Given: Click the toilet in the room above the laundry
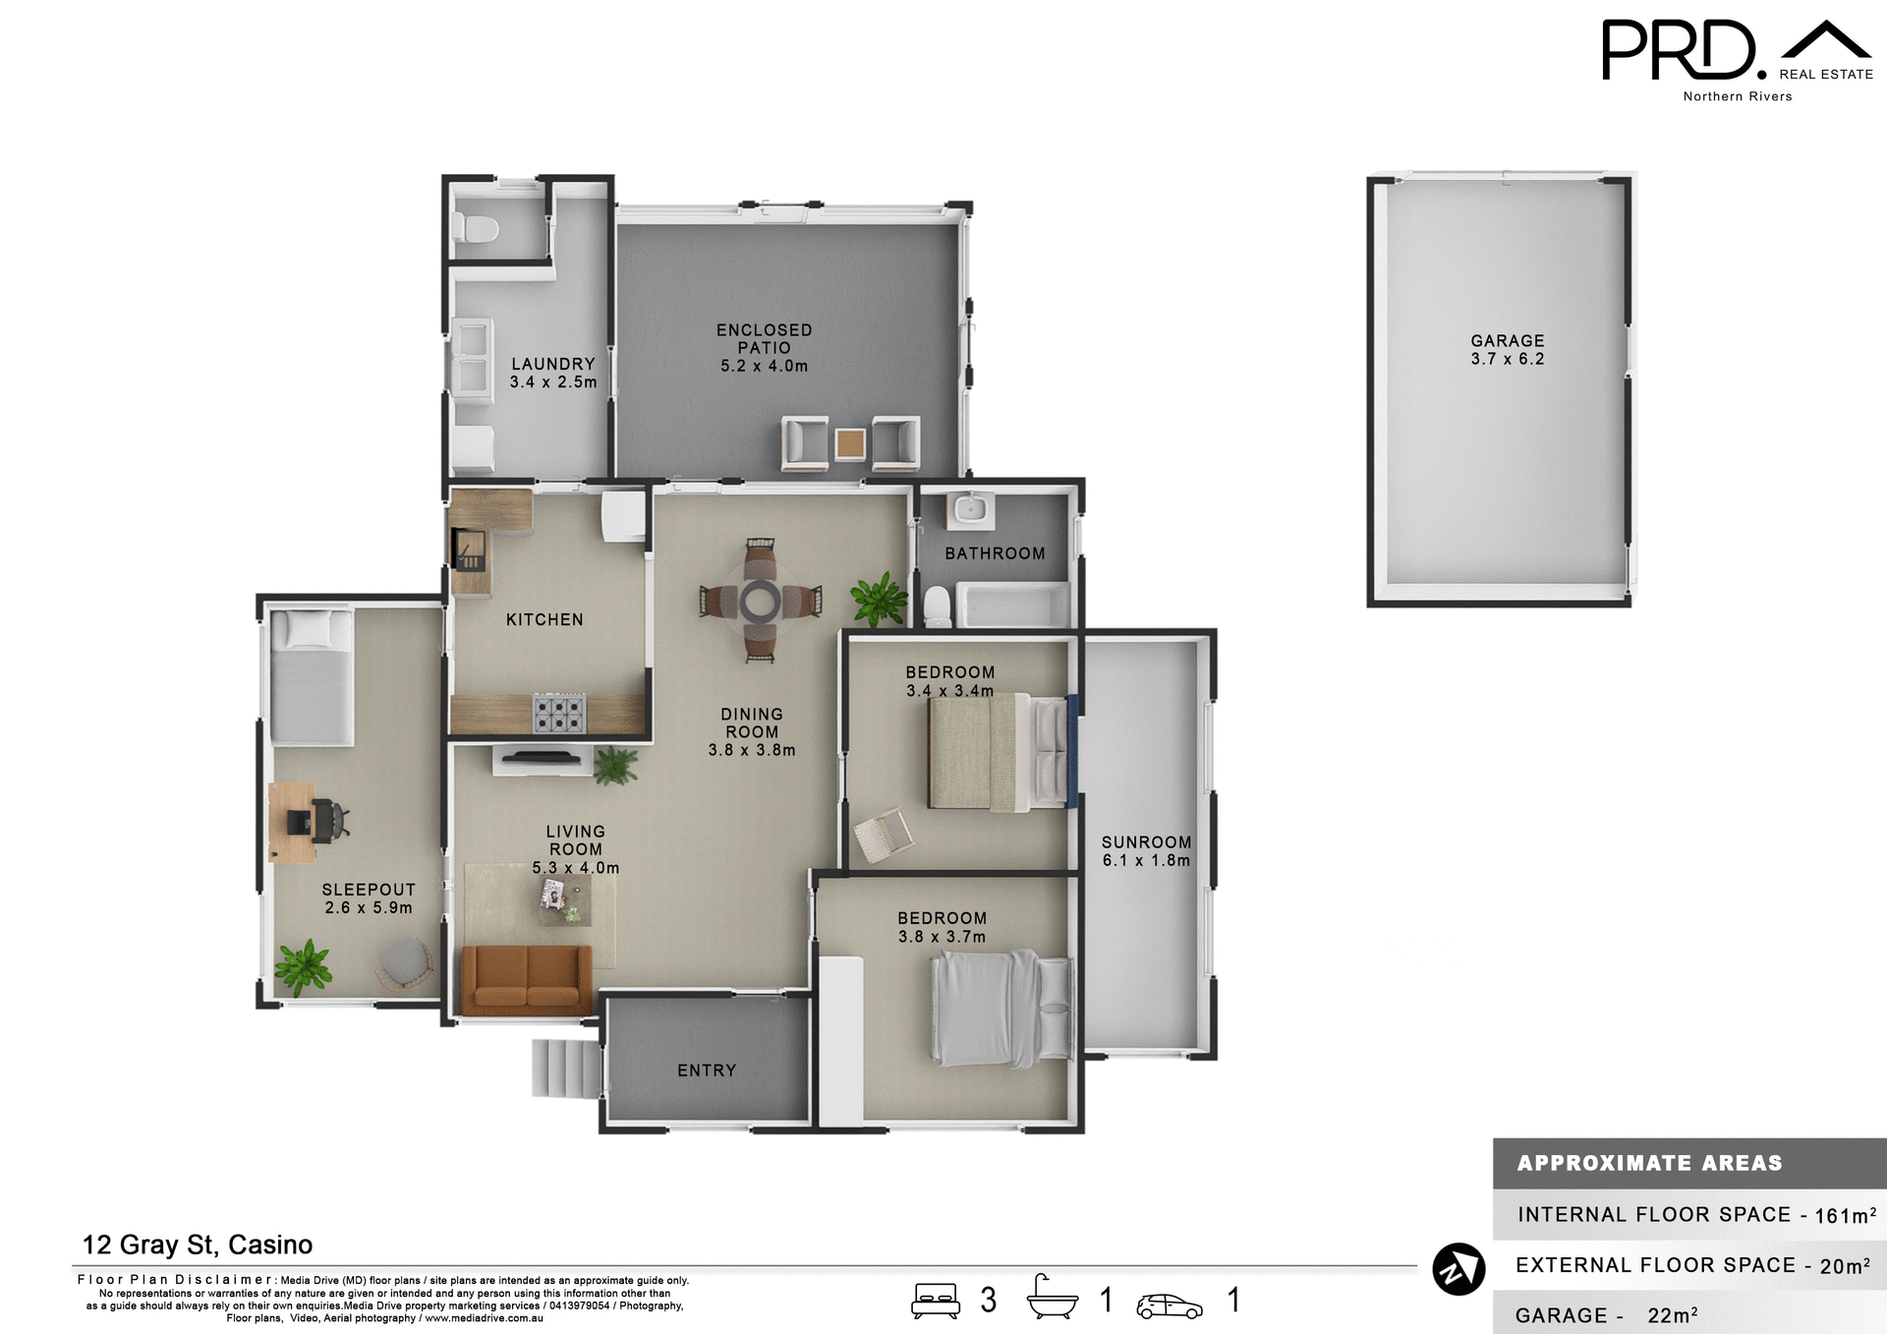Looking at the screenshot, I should (x=476, y=229).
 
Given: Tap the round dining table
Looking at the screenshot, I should (x=760, y=601).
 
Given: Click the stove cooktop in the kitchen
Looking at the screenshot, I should (x=559, y=713).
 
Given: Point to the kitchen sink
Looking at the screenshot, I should (x=469, y=549).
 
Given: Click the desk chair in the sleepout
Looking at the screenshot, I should (x=328, y=820).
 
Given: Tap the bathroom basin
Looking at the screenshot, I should (x=970, y=510).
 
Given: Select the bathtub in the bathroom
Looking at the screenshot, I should (x=1013, y=605).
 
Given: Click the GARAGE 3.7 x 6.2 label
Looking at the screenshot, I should (x=1507, y=350).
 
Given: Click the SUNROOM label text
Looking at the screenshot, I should (x=1146, y=842).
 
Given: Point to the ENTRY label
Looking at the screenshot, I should (x=707, y=1071).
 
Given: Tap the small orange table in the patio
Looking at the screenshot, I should (x=850, y=443).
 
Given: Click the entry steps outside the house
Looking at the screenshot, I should (x=565, y=1068).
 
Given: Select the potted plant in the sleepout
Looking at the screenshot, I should (x=303, y=965).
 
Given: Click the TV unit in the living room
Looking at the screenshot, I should (x=543, y=759).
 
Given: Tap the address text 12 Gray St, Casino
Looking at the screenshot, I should (x=198, y=1245).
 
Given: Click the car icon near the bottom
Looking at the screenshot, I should (x=1169, y=1305).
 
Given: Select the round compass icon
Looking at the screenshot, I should (x=1458, y=1269).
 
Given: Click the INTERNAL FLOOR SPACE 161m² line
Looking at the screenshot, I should (x=1695, y=1215).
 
